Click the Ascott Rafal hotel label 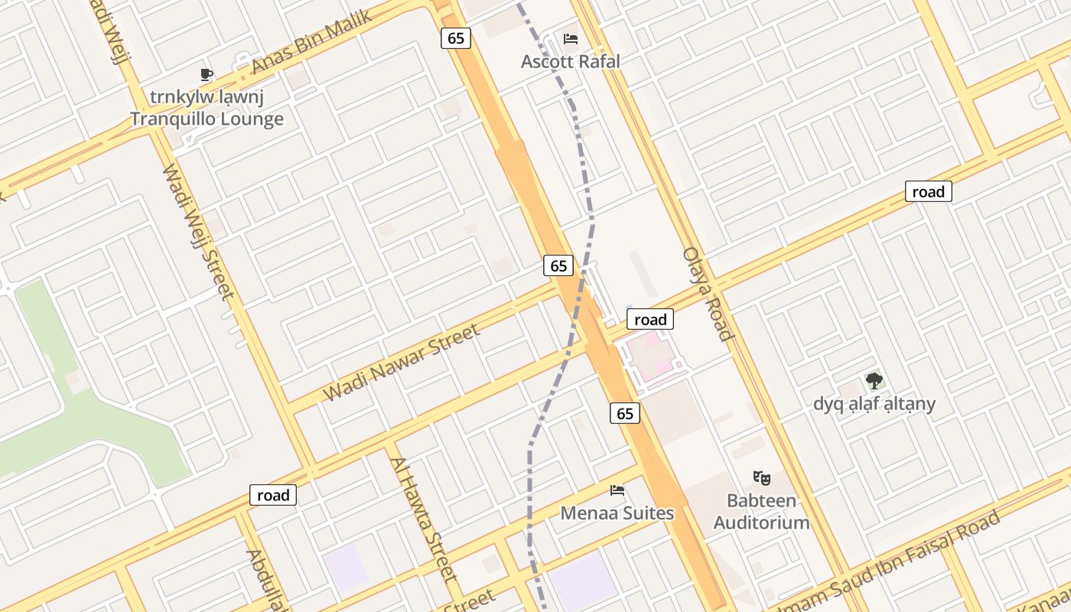pos(570,61)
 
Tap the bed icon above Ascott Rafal pos(570,39)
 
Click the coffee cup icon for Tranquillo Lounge pos(207,74)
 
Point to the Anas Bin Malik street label pos(311,42)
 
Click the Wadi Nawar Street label pos(402,363)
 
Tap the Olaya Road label pos(708,294)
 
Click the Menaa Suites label pos(617,513)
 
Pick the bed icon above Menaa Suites pos(617,490)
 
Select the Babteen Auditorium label pos(761,512)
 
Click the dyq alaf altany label pos(874,403)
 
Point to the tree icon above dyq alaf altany pos(874,380)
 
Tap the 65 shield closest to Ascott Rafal pos(455,38)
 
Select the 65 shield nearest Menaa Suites pos(625,413)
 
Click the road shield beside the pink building pos(650,319)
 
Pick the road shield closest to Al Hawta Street pos(273,495)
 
